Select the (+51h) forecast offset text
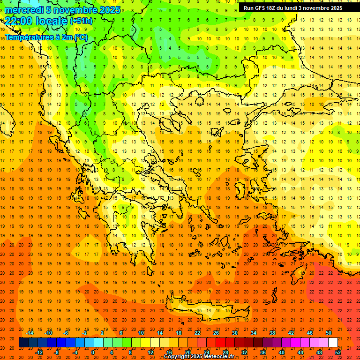point(81,21)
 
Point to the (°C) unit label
point(79,37)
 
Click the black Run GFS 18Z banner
point(292,8)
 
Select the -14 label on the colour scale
point(29,333)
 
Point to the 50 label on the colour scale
point(328,333)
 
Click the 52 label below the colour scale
point(338,352)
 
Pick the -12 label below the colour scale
point(39,352)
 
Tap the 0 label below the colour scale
point(93,352)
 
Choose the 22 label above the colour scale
point(197,333)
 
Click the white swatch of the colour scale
point(333,342)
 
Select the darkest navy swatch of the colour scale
point(23,342)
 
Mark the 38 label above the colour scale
point(272,333)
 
